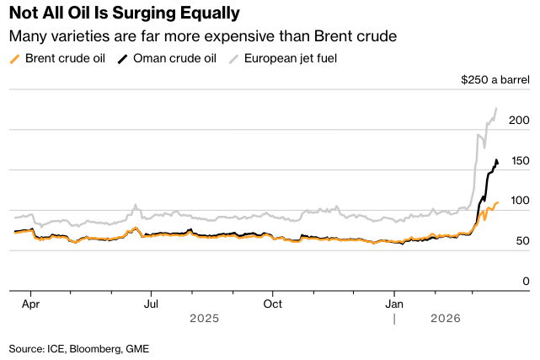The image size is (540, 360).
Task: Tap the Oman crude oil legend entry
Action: pos(168,58)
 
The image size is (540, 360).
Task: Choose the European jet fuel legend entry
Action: pos(285,58)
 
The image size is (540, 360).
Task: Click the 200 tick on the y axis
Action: pos(520,121)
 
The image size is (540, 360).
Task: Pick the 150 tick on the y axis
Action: pos(520,161)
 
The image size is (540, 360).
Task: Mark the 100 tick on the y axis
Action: pos(520,201)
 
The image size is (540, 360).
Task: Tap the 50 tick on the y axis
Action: pos(523,241)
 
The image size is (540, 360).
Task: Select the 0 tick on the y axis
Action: pos(526,281)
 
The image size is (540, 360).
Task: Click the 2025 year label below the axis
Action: pos(204,318)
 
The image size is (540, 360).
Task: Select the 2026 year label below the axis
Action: pos(444,318)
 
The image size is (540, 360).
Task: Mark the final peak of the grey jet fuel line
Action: pos(496,109)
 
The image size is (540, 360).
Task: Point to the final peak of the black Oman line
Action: pos(495,159)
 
